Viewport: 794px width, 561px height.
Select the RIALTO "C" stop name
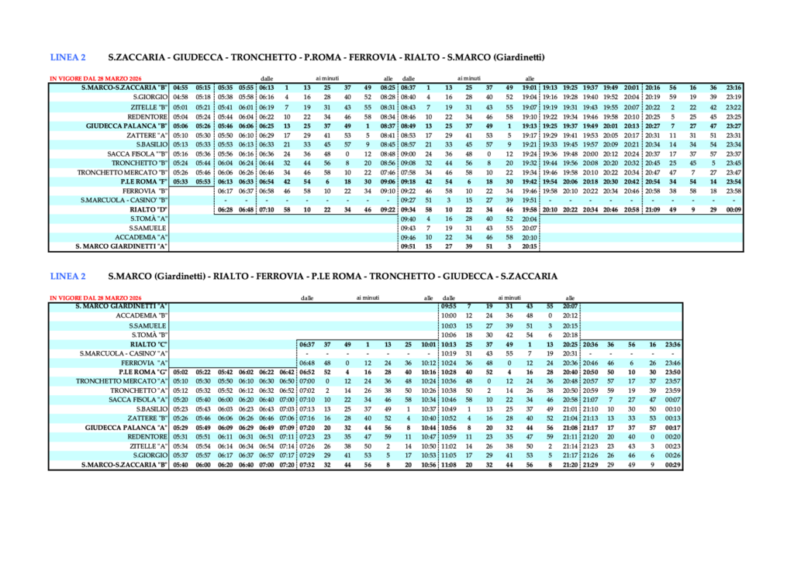tap(149, 343)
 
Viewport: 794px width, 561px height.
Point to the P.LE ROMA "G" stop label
tap(143, 372)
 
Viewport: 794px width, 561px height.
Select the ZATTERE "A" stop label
tap(146, 135)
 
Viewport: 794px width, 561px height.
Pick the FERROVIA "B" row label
tap(145, 190)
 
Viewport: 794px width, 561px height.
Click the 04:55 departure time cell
tap(181, 88)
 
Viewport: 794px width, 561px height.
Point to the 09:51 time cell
tap(409, 246)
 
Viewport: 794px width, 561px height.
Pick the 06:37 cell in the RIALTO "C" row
tap(306, 343)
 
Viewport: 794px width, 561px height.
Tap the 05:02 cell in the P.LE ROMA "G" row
tap(181, 372)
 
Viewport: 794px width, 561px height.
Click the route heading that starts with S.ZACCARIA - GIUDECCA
tap(326, 57)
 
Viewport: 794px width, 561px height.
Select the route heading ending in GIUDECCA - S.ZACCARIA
tap(333, 275)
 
